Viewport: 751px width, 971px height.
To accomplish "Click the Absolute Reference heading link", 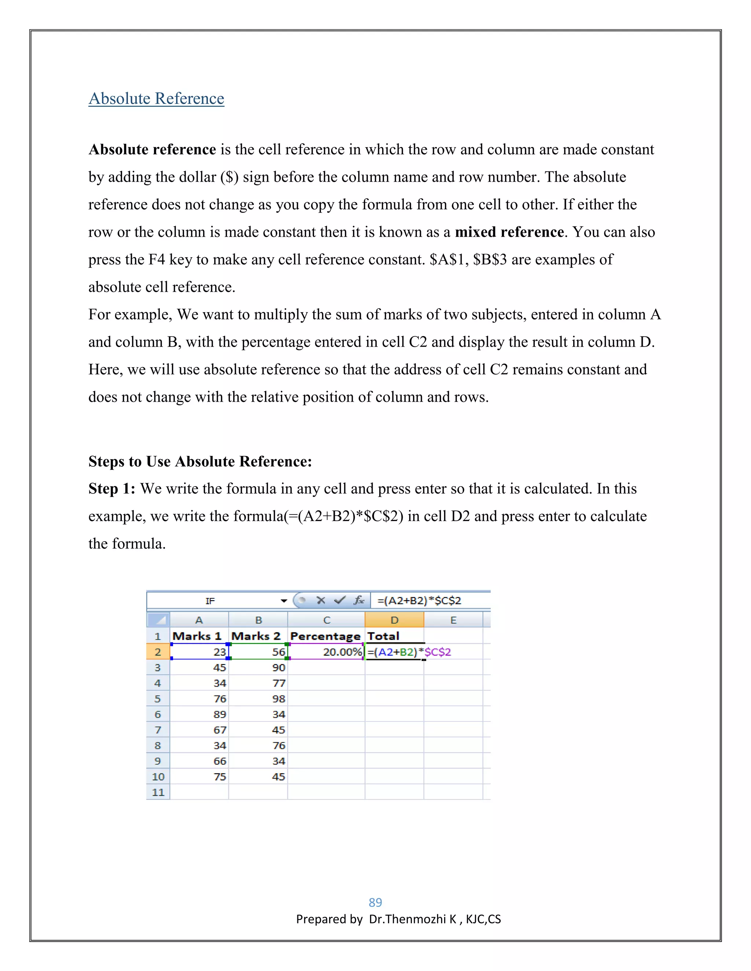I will (x=156, y=98).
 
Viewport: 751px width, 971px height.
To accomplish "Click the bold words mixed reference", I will (x=509, y=232).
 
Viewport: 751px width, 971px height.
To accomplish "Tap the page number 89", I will (x=375, y=902).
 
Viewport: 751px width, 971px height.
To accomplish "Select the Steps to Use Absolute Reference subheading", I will (x=200, y=461).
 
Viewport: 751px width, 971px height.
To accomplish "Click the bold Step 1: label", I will (x=112, y=488).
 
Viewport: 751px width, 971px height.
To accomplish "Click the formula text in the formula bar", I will (x=419, y=601).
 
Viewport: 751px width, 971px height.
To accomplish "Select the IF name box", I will (x=210, y=601).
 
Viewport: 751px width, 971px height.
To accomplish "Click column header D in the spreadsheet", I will (x=394, y=620).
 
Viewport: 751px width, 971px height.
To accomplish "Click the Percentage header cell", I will (x=325, y=636).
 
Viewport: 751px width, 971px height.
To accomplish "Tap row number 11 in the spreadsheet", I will (x=158, y=792).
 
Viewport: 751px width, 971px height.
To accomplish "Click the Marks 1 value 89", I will (x=220, y=715).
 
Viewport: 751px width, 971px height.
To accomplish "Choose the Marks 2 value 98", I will (x=279, y=699).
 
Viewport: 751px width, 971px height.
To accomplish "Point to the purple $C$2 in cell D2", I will (x=438, y=652).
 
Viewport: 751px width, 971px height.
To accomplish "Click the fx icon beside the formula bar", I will (x=359, y=601).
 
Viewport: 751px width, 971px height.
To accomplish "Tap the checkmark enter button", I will (x=340, y=601).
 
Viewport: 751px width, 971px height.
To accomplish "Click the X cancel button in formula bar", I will (x=321, y=601).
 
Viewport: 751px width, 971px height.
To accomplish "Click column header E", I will (x=453, y=620).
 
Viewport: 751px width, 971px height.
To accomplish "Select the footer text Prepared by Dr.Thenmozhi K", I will (x=398, y=919).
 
